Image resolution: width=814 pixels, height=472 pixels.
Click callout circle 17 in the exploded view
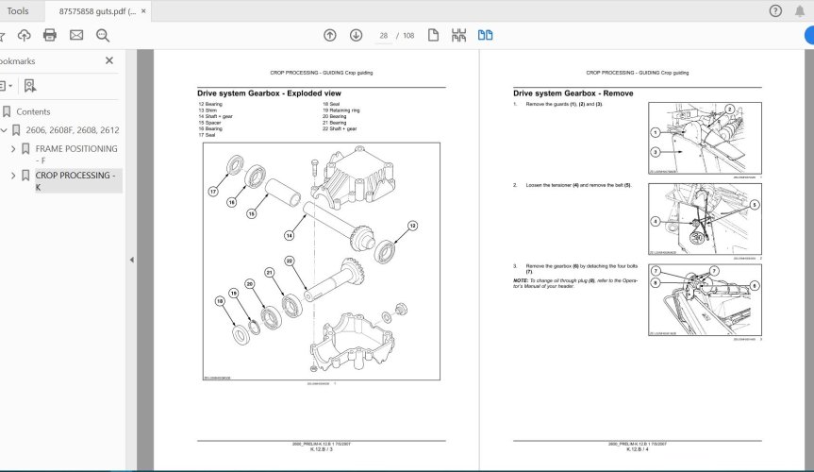[x=213, y=191]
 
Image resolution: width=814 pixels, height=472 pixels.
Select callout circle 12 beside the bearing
[x=412, y=225]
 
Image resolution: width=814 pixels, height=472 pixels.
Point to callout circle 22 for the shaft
[x=290, y=261]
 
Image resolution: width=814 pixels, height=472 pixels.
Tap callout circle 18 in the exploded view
[x=220, y=302]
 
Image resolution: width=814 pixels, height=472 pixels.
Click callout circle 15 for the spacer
[x=251, y=214]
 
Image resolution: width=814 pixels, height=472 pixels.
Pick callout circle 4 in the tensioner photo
[x=655, y=222]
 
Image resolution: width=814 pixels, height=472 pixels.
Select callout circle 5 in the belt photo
[x=755, y=204]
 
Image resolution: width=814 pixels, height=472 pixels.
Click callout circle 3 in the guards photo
[x=655, y=152]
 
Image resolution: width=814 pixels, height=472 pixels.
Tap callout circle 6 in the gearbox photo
[x=755, y=284]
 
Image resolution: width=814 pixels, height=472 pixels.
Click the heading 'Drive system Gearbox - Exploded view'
[x=269, y=93]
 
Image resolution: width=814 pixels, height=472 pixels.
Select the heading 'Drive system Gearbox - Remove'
[x=573, y=93]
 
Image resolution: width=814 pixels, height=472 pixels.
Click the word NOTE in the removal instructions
[x=521, y=281]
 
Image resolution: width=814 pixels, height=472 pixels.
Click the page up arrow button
[x=329, y=35]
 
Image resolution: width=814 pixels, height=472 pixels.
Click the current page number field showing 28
[x=384, y=35]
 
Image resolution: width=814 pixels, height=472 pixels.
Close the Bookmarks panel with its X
[x=109, y=60]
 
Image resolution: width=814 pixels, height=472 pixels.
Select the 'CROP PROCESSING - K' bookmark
[x=75, y=180]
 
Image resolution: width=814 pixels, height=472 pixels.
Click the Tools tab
[x=18, y=11]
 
